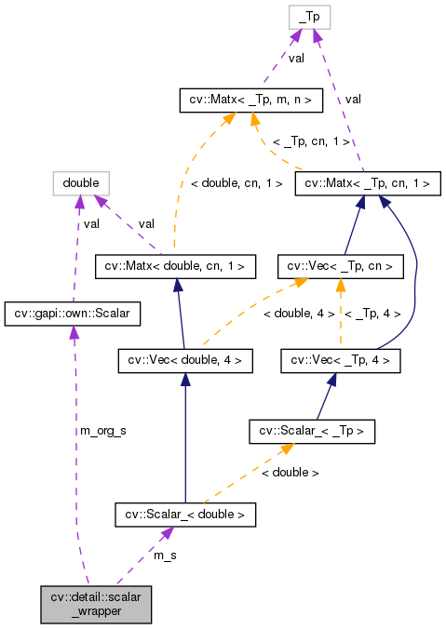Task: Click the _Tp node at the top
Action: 307,18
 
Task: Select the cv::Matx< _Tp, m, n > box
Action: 250,98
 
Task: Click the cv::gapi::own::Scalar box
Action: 73,314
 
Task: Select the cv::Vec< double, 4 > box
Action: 185,359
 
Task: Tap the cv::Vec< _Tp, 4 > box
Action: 345,359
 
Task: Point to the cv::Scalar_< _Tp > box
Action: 312,431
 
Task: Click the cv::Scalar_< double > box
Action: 185,513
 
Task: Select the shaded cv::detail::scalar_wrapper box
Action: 95,604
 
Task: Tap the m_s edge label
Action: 165,555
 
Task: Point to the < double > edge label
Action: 290,473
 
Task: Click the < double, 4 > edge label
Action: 298,314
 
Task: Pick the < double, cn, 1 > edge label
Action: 237,183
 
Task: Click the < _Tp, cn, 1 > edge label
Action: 311,141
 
